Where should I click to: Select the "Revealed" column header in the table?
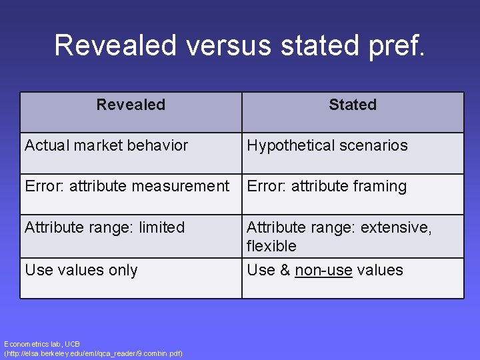[131, 105]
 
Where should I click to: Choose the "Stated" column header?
[353, 105]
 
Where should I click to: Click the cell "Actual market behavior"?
[107, 145]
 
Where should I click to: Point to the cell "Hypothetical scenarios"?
[327, 145]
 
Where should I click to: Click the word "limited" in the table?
[161, 227]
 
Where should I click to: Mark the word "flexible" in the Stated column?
[271, 246]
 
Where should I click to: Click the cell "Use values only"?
[81, 270]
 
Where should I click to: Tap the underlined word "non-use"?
[323, 270]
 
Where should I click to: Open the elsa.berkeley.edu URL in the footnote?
[93, 353]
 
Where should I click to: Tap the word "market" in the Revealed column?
[97, 145]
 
